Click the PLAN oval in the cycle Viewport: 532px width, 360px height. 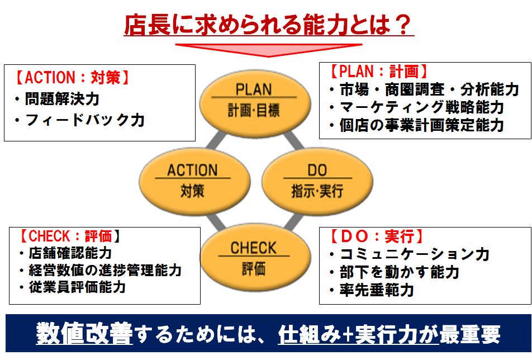tap(255, 103)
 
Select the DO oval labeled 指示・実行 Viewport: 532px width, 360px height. tap(317, 182)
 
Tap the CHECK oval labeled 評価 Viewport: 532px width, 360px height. tap(255, 258)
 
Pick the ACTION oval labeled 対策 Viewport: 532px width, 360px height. tap(194, 182)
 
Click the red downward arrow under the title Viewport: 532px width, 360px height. tap(269, 50)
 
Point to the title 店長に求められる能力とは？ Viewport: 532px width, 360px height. tap(269, 25)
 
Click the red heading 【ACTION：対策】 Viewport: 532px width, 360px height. tap(72, 77)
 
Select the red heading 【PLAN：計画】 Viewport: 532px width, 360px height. tap(378, 72)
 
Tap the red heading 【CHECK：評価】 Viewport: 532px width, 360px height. tap(69, 236)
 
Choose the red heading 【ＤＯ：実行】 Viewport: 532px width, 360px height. tap(377, 236)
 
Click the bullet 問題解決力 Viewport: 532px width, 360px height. tap(57, 99)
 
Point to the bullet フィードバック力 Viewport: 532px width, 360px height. tap(80, 120)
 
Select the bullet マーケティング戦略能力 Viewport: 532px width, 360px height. tap(417, 107)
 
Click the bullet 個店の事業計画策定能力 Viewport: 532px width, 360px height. tap(417, 125)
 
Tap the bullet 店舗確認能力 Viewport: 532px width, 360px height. tap(65, 253)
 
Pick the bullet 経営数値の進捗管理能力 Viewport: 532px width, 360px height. tap(101, 270)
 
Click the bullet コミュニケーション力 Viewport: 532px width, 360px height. tap(409, 254)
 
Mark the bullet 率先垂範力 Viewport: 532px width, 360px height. tap(372, 290)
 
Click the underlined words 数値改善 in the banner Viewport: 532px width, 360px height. tap(84, 334)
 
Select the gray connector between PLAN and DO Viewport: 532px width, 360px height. tap(294, 140)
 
